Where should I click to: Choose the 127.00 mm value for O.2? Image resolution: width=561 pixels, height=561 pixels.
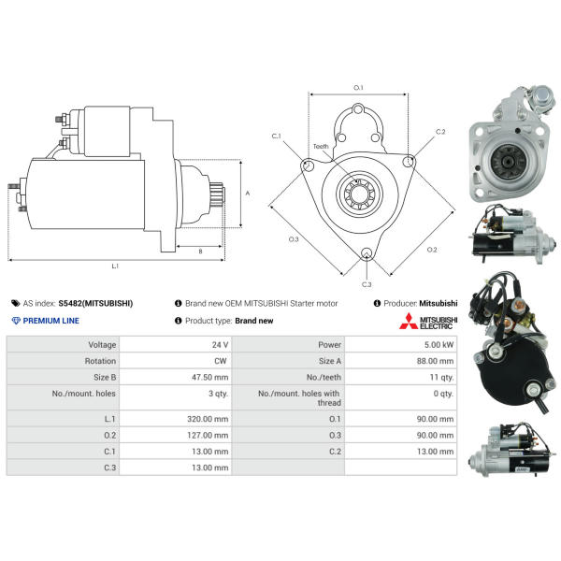(209, 434)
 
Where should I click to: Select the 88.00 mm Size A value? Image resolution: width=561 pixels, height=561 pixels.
(435, 361)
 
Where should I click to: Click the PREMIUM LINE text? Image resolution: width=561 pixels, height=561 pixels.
(51, 321)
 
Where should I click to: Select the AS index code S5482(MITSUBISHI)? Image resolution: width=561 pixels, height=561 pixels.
(95, 303)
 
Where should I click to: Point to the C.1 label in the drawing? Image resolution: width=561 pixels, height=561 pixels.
(277, 137)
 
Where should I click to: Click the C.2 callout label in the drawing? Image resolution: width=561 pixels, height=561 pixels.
(440, 131)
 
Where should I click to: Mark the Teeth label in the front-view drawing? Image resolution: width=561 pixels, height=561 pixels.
(321, 147)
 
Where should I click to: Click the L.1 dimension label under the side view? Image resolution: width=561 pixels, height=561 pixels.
(115, 266)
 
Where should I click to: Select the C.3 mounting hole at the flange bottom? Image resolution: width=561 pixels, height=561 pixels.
(366, 254)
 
